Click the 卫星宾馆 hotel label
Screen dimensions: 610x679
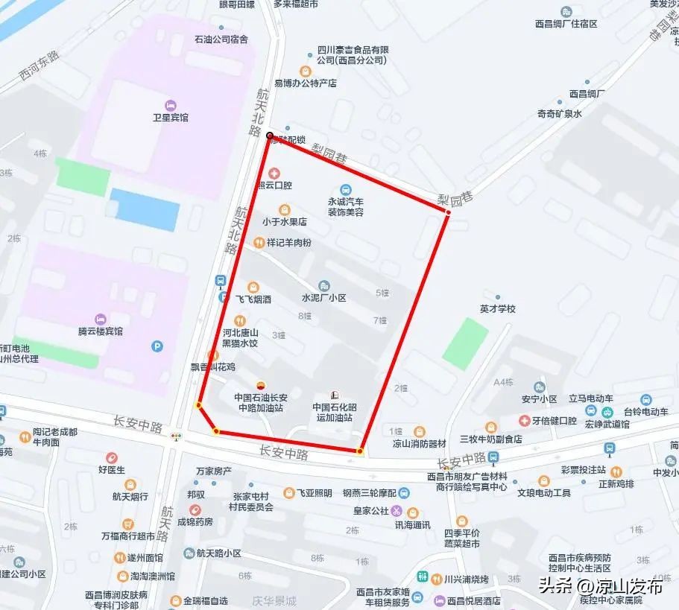[x=171, y=118]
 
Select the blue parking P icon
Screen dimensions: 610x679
[x=157, y=346]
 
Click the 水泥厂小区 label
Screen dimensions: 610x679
[x=323, y=298]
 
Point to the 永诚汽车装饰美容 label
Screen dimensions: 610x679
[x=345, y=207]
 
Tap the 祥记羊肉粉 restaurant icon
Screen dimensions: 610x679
[x=259, y=243]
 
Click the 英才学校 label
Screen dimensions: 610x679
[x=498, y=308]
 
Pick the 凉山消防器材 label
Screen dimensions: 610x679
[x=419, y=444]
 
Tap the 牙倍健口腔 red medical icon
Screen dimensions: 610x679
[x=525, y=421]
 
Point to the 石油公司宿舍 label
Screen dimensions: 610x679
[x=221, y=39]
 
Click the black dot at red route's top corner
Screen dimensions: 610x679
[x=270, y=136]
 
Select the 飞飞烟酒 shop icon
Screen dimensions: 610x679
[x=254, y=287]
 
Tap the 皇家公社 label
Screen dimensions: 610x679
[x=371, y=511]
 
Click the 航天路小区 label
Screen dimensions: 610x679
[x=218, y=553]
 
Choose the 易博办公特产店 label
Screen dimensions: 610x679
[x=306, y=83]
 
